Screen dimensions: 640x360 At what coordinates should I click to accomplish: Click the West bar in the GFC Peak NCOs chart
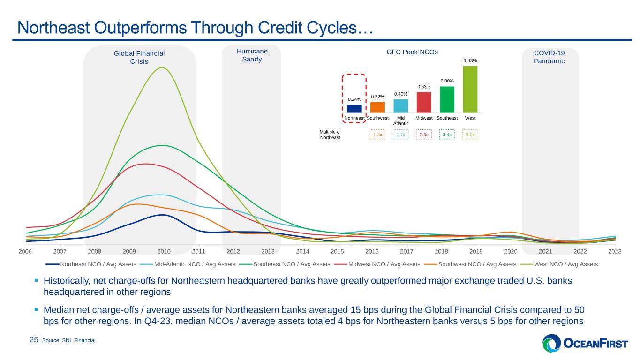point(470,89)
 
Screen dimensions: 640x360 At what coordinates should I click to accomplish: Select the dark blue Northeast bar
point(354,109)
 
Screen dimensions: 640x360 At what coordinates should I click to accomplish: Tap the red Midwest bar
point(424,102)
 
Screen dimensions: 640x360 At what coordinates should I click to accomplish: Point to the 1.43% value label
point(470,60)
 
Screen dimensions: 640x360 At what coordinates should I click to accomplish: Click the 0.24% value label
point(354,99)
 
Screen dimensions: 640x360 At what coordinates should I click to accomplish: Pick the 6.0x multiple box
point(470,135)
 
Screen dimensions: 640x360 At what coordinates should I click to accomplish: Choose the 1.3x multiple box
point(377,135)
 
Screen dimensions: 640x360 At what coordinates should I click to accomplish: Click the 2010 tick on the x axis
point(164,251)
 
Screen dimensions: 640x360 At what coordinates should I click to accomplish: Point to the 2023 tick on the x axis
point(615,251)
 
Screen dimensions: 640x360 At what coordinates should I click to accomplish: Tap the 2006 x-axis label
point(25,251)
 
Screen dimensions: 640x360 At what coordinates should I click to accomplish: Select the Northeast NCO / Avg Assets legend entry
point(91,264)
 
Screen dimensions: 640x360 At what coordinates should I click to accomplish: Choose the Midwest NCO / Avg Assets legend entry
point(377,264)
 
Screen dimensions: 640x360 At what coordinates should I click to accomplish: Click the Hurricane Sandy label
point(252,55)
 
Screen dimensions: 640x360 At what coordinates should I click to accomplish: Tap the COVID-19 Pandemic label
point(549,57)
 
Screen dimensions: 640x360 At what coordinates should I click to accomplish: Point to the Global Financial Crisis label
point(139,58)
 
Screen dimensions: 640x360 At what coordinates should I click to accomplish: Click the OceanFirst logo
point(585,343)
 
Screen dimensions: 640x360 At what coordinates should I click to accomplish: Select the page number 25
point(34,340)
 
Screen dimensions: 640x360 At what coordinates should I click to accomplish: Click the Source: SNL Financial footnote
point(69,340)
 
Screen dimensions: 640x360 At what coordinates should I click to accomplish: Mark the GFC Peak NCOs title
point(412,52)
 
